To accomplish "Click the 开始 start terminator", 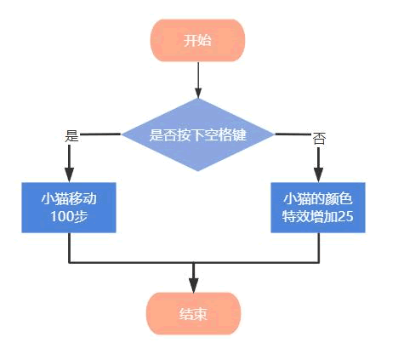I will (197, 41).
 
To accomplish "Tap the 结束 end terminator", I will (194, 314).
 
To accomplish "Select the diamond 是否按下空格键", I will (198, 134).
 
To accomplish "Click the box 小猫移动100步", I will (69, 207).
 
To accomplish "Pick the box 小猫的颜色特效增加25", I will (318, 207).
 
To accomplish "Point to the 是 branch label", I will (71, 135).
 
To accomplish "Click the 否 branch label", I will (318, 138).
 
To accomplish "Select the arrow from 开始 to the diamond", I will (198, 80).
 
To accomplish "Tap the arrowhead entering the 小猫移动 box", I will (69, 174).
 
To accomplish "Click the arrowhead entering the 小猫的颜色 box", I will (318, 174).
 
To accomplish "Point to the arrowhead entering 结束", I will (194, 285).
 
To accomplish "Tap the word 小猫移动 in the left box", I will (69, 198).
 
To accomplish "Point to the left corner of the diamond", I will (123, 134).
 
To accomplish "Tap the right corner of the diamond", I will (274, 134).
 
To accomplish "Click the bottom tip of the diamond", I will (198, 170).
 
